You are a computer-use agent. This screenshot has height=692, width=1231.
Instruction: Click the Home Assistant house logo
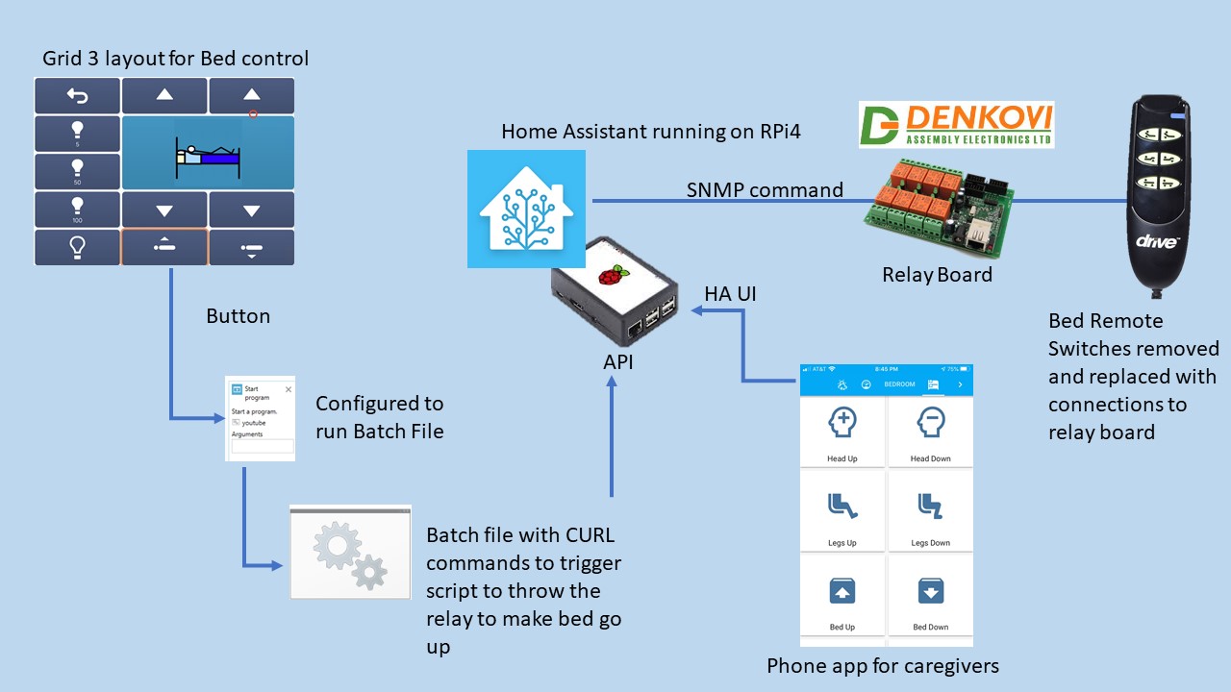click(x=526, y=208)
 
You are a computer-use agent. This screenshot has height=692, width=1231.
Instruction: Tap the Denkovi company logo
click(x=956, y=125)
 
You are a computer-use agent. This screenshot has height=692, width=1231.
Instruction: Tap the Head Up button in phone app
click(x=842, y=433)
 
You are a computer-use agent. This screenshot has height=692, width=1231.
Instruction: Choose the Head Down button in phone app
click(x=930, y=433)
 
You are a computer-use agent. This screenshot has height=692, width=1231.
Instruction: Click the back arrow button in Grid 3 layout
click(x=77, y=96)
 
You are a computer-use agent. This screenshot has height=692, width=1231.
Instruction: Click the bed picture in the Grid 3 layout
click(x=208, y=153)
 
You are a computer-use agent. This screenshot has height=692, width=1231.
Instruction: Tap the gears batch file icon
click(x=350, y=552)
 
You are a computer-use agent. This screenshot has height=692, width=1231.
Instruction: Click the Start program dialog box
click(x=260, y=418)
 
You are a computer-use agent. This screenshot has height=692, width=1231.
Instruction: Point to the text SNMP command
click(x=765, y=189)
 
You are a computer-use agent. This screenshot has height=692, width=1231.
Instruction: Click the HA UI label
click(x=730, y=294)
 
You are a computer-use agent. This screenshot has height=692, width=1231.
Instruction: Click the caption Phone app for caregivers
click(x=882, y=665)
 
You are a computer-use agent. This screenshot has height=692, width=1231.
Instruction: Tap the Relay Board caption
click(x=937, y=275)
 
